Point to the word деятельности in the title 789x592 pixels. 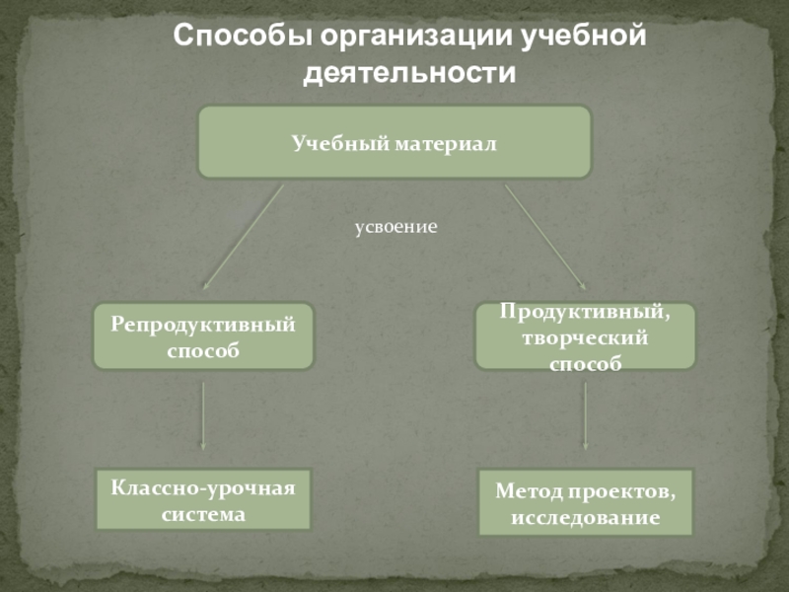pos(410,73)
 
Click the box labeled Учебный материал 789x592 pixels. pos(394,143)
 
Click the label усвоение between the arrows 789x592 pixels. pos(395,227)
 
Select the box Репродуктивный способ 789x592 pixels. pos(203,336)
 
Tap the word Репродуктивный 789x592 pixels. pos(203,325)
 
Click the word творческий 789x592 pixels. pos(586,338)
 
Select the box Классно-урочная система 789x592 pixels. pos(203,500)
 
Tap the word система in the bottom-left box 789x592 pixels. pos(203,514)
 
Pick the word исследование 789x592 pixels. pos(586,516)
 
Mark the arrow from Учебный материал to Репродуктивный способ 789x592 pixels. pos(242,237)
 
